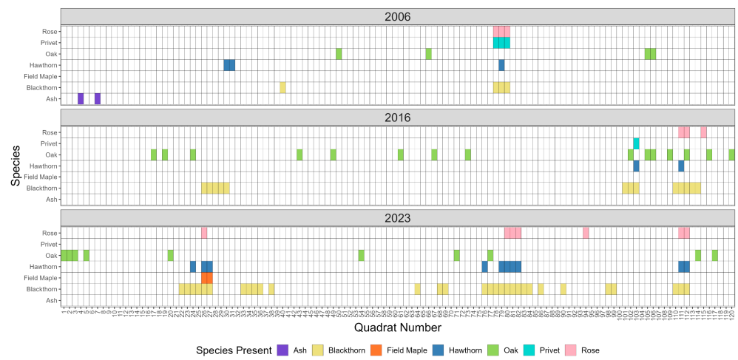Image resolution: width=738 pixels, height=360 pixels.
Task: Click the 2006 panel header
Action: coord(397,17)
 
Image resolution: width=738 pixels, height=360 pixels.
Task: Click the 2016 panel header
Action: coord(397,118)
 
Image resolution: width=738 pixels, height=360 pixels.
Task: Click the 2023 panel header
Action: coord(397,218)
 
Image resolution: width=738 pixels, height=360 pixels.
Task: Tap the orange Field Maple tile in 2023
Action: coord(207,278)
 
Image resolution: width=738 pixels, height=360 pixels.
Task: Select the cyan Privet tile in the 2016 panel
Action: coord(636,143)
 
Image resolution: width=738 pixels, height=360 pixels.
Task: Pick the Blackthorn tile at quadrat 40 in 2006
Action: coord(282,87)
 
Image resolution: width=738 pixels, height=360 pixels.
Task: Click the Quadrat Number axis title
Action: coord(397,327)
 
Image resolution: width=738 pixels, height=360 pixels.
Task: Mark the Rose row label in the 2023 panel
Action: coord(50,233)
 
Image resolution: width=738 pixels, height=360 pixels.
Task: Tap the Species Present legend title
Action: coord(232,350)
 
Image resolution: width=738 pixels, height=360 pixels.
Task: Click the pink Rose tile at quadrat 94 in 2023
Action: coord(586,233)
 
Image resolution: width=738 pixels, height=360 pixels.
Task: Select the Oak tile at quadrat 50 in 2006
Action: coord(339,54)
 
